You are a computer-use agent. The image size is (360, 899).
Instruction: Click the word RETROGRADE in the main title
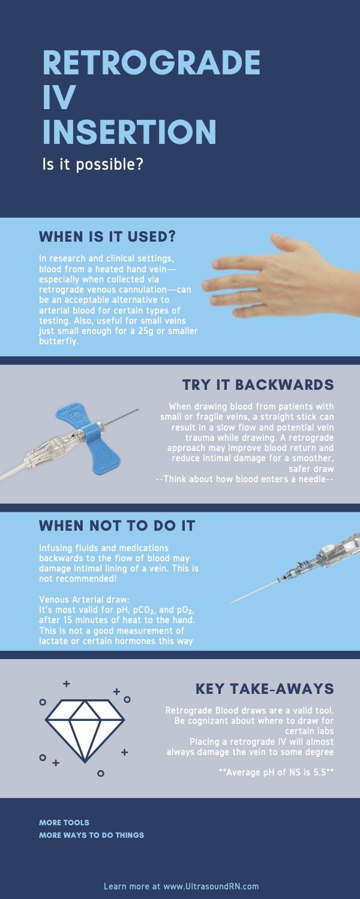point(151,62)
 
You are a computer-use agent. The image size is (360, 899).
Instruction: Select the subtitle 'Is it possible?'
point(92,164)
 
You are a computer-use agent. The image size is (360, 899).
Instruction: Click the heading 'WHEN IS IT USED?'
point(107,236)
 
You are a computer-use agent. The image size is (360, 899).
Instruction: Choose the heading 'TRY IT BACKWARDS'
point(258,384)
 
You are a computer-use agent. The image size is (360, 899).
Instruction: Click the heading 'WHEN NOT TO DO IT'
point(117,526)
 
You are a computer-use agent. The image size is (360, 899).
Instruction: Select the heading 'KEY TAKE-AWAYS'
point(265,688)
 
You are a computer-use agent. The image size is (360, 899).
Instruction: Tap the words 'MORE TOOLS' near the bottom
point(64,822)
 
